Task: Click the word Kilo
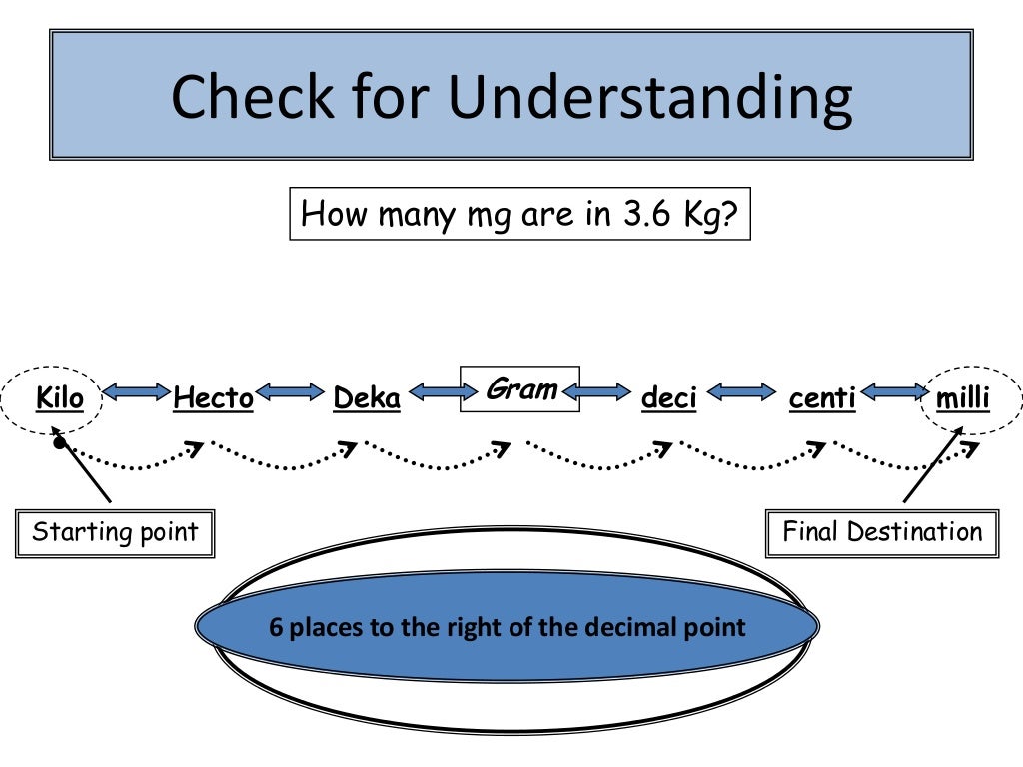(60, 399)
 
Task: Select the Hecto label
(213, 399)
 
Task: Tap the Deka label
(367, 399)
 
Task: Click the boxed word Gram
(519, 389)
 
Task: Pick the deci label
(668, 399)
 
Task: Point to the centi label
(822, 399)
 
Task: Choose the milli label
(963, 399)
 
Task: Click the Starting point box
(115, 532)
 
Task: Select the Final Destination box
(882, 532)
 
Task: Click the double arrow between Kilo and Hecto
(137, 393)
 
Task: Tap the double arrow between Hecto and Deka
(291, 393)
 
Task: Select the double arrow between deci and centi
(740, 393)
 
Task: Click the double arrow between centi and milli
(893, 393)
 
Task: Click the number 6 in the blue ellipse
(275, 628)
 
